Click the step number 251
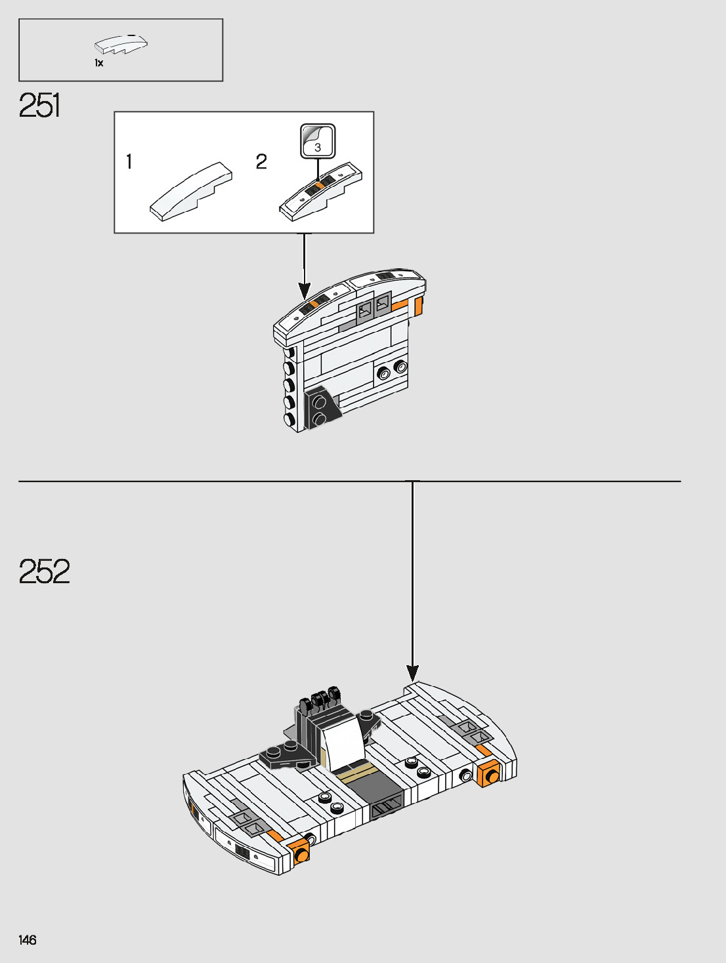(x=39, y=106)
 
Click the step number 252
(x=44, y=571)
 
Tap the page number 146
(x=28, y=940)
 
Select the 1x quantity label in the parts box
(x=98, y=63)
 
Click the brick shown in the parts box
(x=121, y=44)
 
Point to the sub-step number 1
(x=129, y=161)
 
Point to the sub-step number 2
(x=261, y=161)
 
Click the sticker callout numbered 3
(x=318, y=141)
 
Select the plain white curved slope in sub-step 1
(x=191, y=192)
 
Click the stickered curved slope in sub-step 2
(x=320, y=192)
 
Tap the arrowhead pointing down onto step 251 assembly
(x=304, y=290)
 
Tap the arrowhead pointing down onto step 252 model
(x=412, y=672)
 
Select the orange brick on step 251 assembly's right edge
(x=417, y=306)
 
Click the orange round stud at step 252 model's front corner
(x=301, y=853)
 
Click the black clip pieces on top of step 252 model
(x=320, y=699)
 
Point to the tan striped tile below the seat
(x=358, y=772)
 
